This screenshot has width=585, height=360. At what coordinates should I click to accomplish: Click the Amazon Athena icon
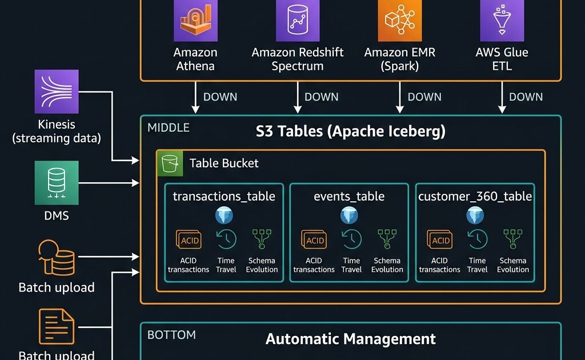tap(195, 21)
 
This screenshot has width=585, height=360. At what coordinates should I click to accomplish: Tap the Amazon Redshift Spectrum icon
tap(297, 21)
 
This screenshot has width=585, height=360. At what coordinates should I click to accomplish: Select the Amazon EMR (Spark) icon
tap(399, 21)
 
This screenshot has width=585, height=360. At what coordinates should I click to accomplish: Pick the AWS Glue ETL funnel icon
tap(502, 21)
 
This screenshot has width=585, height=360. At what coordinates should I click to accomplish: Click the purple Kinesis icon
tap(56, 91)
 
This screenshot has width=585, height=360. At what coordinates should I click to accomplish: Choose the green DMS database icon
tap(56, 182)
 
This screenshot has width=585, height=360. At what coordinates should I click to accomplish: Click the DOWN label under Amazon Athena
tap(220, 97)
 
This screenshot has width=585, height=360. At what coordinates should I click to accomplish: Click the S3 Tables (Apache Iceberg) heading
tap(350, 131)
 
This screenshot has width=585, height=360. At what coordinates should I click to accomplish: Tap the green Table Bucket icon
tap(170, 163)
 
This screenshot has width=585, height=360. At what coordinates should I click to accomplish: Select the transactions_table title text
tap(224, 197)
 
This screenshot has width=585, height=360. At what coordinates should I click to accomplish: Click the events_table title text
tap(349, 197)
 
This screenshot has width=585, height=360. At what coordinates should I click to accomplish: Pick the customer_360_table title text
tap(475, 197)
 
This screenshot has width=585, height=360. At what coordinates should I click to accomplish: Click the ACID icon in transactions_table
tap(189, 241)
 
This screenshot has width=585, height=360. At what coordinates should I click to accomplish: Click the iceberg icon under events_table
tap(349, 215)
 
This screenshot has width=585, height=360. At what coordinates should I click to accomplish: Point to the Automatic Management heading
tap(350, 339)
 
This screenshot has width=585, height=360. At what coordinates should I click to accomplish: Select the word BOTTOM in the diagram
tap(171, 335)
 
